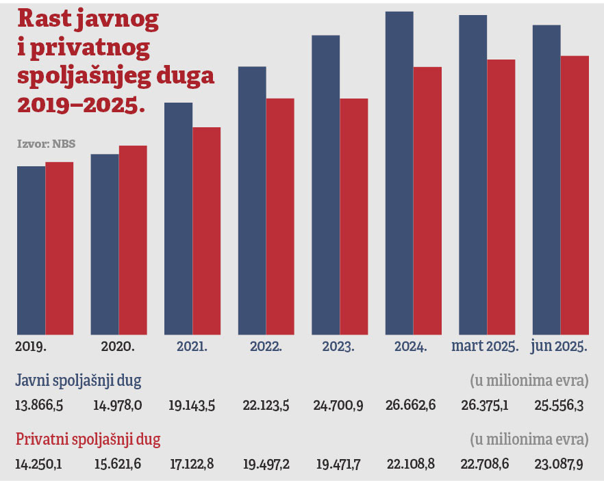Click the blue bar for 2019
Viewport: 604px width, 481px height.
[31, 250]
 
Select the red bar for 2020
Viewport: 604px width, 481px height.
[133, 239]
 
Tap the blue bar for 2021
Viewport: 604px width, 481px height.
[178, 218]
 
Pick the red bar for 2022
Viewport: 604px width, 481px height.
[280, 216]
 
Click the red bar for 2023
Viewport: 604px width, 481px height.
[353, 216]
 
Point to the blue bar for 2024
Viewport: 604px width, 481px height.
[399, 172]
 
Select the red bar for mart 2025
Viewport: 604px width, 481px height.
[501, 197]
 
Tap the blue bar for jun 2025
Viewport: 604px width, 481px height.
[546, 179]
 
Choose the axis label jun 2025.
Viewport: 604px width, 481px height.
[559, 346]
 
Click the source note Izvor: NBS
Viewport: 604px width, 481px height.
[46, 144]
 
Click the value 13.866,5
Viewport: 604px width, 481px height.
[39, 405]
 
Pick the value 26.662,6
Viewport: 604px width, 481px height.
[410, 405]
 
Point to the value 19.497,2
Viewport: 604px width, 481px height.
[266, 465]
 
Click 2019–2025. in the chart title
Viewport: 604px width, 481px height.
[81, 104]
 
